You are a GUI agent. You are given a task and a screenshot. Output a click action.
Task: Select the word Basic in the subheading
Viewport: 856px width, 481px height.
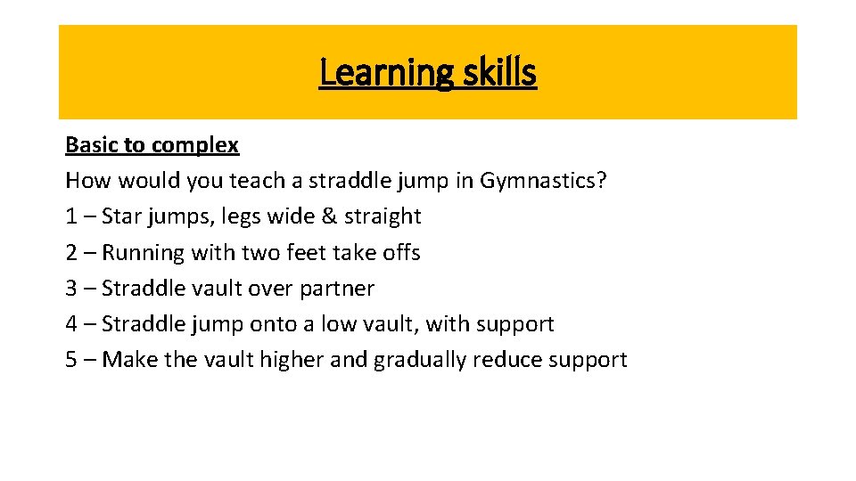pyautogui.click(x=89, y=145)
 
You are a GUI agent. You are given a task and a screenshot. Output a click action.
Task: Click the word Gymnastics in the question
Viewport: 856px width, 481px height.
pyautogui.click(x=543, y=182)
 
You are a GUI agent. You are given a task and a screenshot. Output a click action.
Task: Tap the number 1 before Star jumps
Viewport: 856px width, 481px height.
pyautogui.click(x=71, y=216)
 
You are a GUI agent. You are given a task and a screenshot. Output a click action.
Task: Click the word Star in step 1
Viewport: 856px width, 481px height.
pyautogui.click(x=121, y=216)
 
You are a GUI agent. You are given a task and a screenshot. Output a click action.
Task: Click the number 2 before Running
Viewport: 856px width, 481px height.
pyautogui.click(x=71, y=252)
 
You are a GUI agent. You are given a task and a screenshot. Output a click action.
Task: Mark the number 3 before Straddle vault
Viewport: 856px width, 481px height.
pyautogui.click(x=71, y=288)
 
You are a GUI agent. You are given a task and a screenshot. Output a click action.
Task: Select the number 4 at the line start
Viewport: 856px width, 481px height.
pyautogui.click(x=72, y=323)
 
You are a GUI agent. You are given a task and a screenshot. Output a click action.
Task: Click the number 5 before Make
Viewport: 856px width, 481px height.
pyautogui.click(x=71, y=359)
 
